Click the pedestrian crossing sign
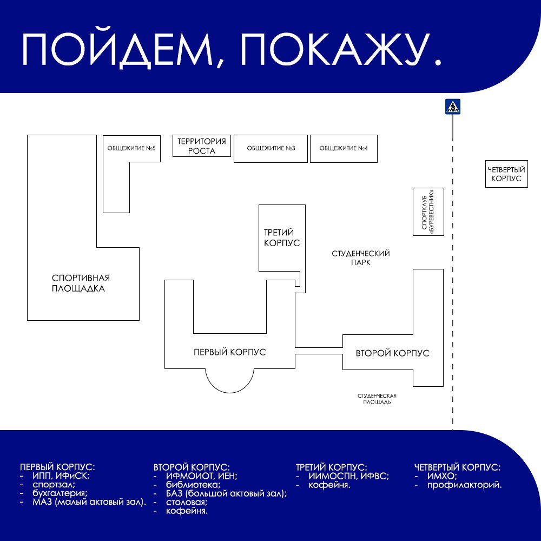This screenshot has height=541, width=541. click(453, 107)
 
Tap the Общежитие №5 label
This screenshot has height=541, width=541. click(131, 148)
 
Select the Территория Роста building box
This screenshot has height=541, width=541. click(201, 146)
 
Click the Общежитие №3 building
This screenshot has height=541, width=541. click(270, 149)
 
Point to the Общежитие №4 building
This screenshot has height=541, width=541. click(344, 149)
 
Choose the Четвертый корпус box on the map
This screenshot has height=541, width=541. click(506, 174)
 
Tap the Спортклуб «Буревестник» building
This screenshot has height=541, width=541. click(428, 212)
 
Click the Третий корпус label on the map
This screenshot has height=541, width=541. click(281, 237)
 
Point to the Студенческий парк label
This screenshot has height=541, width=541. click(360, 258)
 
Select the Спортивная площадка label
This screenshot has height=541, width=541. click(81, 283)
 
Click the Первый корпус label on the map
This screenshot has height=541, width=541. click(230, 352)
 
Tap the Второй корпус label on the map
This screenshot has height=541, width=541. click(393, 353)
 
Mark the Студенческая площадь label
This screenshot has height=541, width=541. click(377, 399)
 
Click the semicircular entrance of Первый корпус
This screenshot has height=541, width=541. click(230, 393)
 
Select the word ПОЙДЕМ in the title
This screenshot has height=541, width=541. click(117, 50)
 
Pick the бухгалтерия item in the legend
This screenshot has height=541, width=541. click(60, 493)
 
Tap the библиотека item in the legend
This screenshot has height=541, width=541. click(193, 485)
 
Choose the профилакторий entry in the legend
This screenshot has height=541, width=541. click(464, 485)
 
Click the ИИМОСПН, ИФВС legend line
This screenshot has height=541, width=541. click(349, 476)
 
